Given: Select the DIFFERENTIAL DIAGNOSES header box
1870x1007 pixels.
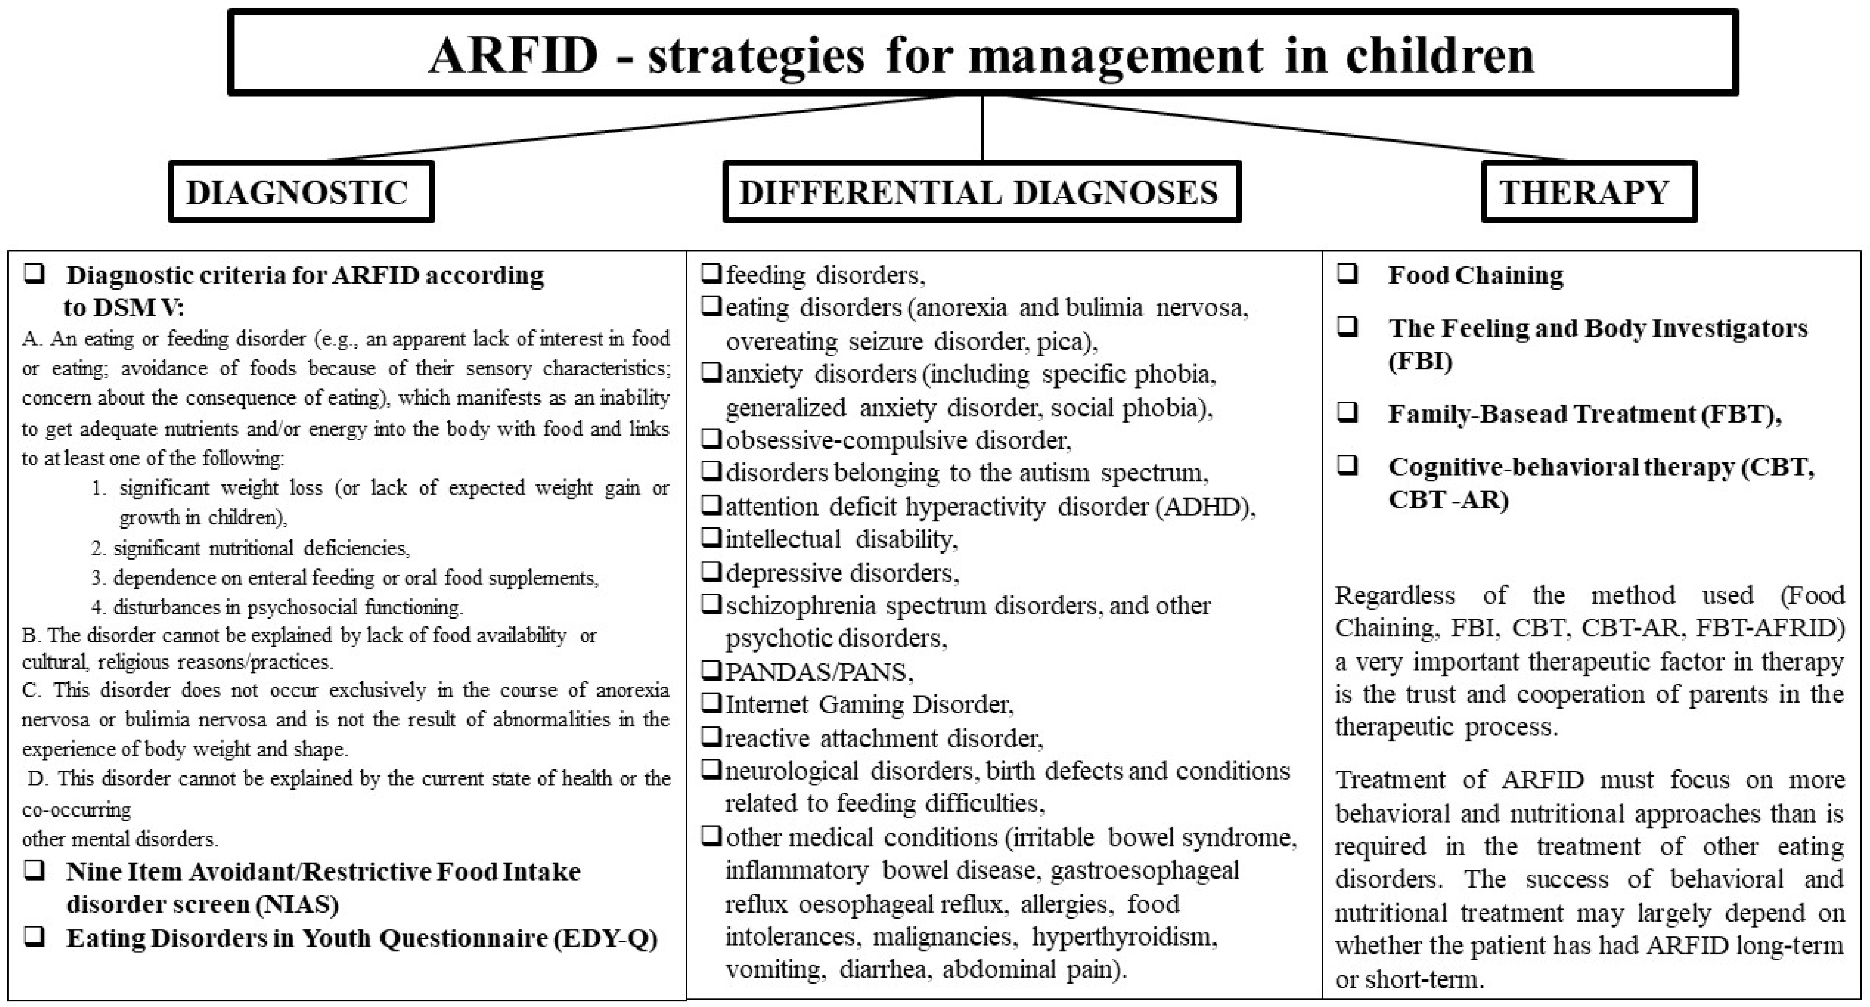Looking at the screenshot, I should point(981,192).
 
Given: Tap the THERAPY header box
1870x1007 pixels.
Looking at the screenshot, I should point(1588,192).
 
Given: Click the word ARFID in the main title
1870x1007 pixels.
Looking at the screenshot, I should point(513,55).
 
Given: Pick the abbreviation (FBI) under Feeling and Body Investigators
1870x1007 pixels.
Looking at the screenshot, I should point(1420,361).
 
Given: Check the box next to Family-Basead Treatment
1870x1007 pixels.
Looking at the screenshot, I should point(1348,413).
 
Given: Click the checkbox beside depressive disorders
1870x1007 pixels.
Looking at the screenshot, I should point(711,571).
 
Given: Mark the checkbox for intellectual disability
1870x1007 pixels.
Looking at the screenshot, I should point(711,538).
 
